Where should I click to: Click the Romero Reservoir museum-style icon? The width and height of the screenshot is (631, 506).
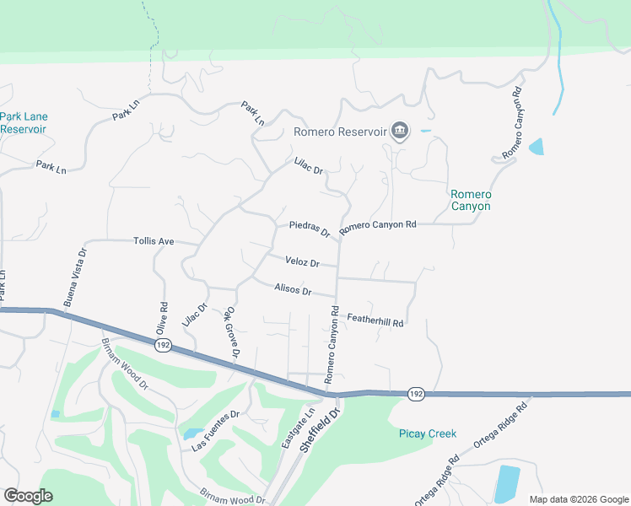click(400, 131)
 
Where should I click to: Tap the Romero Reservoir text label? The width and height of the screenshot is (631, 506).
click(339, 132)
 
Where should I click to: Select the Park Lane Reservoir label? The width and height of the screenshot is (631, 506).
click(24, 123)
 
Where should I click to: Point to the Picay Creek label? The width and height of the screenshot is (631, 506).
click(428, 433)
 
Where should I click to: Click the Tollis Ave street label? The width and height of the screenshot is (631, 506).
click(154, 241)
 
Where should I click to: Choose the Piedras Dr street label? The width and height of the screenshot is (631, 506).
click(310, 229)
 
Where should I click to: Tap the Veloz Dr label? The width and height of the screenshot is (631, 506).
click(302, 262)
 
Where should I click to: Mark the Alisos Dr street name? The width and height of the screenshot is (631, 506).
click(294, 290)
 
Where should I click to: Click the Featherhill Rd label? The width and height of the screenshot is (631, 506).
click(376, 317)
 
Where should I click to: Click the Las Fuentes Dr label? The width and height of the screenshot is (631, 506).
click(216, 430)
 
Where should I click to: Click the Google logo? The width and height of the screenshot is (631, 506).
click(28, 495)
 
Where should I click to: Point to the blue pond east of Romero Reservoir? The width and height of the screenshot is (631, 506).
click(537, 147)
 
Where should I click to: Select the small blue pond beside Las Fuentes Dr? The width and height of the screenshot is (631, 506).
click(187, 434)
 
